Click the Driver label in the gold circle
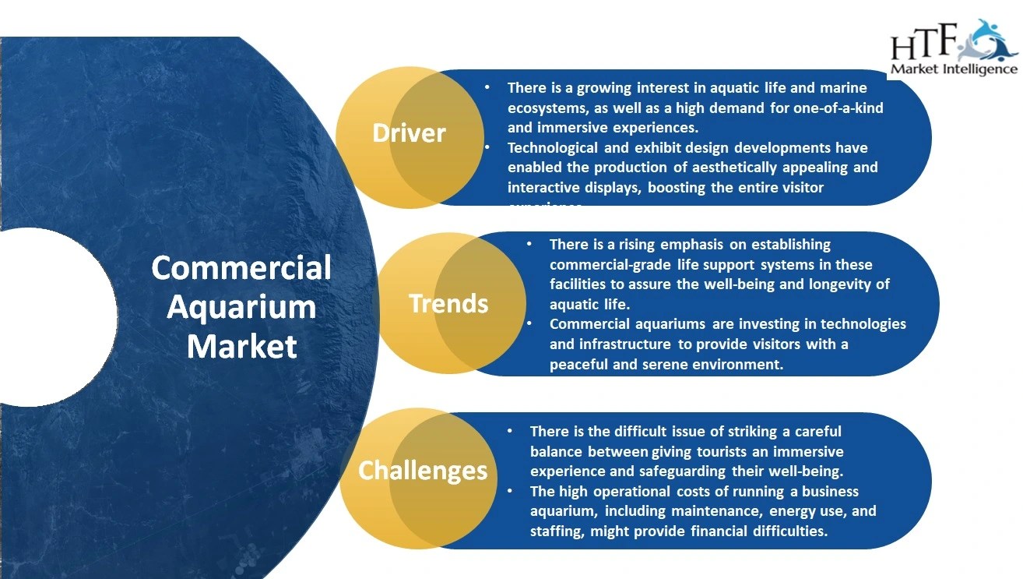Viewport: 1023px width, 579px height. [409, 133]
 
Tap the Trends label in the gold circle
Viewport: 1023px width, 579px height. [448, 303]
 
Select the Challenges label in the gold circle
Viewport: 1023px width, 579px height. [423, 470]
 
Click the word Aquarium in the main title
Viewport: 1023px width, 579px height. [241, 306]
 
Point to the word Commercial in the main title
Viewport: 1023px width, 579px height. [241, 267]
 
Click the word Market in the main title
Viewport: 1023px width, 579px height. [241, 345]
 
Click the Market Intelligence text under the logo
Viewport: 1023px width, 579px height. [954, 69]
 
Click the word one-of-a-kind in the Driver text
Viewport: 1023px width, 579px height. [838, 108]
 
